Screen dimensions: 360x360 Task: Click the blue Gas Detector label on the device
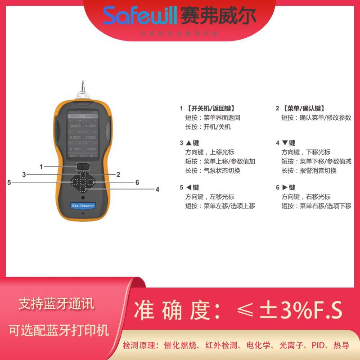pyautogui.click(x=83, y=206)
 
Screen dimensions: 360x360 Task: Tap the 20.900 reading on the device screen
pyautogui.click(x=75, y=127)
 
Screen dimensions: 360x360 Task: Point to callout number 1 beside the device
pyautogui.click(x=41, y=167)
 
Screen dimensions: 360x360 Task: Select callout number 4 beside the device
pyautogui.click(x=157, y=189)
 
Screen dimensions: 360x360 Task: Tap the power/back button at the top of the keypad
pyautogui.click(x=82, y=166)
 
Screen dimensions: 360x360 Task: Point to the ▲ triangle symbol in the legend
pyautogui.click(x=189, y=143)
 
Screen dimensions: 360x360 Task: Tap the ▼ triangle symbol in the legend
pyautogui.click(x=285, y=143)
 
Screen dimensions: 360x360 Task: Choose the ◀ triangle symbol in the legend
pyautogui.click(x=189, y=188)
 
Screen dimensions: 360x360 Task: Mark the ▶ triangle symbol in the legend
pyautogui.click(x=285, y=188)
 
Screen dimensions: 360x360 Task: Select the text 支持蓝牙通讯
pyautogui.click(x=57, y=305)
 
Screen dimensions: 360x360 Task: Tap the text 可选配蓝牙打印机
pyautogui.click(x=59, y=331)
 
